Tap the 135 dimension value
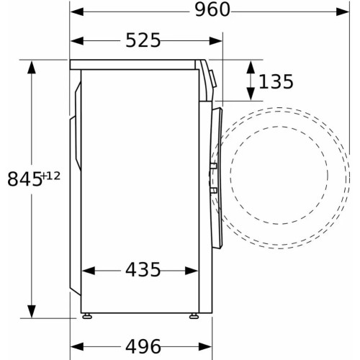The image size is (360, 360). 275,82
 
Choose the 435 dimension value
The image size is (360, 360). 143,271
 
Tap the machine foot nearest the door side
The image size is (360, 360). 194,314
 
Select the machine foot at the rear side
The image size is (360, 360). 89,314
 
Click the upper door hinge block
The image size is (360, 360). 213,167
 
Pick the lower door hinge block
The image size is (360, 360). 213,189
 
